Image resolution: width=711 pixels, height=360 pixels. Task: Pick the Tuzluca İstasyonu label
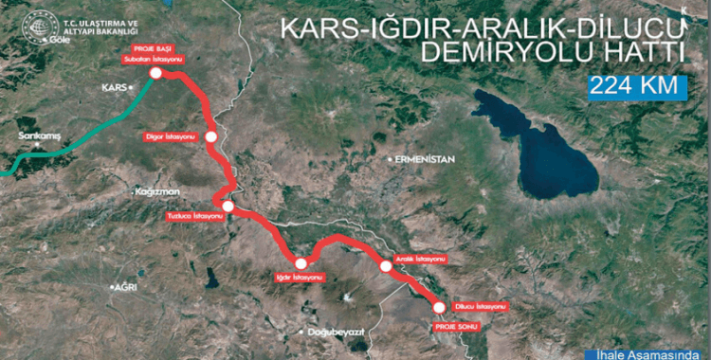tap(194, 217)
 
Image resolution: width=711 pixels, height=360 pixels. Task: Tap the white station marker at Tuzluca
tap(228, 205)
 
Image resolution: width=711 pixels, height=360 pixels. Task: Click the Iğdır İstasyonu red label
tap(299, 278)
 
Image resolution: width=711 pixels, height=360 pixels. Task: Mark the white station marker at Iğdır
tap(301, 263)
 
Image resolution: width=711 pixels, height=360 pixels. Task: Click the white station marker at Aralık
tap(385, 268)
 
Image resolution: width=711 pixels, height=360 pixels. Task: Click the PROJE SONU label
tap(454, 326)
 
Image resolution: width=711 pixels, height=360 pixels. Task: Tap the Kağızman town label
tap(157, 191)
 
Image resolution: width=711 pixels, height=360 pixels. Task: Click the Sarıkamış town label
tap(38, 137)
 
